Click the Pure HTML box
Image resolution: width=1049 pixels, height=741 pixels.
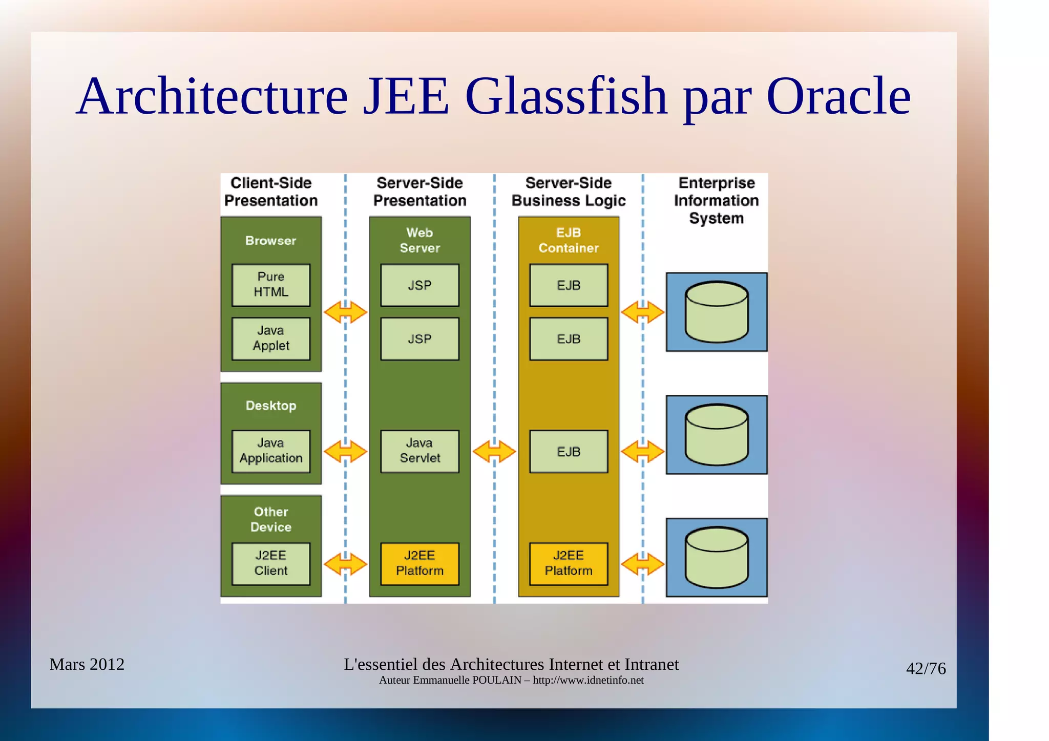(271, 285)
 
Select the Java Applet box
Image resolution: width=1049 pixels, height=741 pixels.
(271, 338)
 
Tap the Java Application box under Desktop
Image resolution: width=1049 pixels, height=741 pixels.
(271, 451)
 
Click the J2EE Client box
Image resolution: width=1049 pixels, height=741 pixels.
(271, 564)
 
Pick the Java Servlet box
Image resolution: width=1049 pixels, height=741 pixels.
(419, 451)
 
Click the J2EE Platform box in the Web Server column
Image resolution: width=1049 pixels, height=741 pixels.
(419, 564)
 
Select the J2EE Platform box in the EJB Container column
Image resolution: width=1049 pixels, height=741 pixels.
(569, 564)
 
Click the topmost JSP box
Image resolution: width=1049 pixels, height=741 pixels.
(419, 285)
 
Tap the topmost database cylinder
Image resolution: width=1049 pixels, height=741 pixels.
(717, 312)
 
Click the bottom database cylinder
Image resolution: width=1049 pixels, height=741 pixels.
(717, 557)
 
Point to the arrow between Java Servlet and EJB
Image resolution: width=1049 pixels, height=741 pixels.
(494, 452)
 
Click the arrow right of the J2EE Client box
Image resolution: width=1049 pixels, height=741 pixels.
(346, 564)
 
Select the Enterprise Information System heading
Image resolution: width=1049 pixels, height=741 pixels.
(716, 200)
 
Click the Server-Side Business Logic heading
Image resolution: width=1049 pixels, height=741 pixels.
(569, 192)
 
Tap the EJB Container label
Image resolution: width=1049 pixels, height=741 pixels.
(569, 240)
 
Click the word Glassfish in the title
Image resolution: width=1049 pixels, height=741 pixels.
(566, 96)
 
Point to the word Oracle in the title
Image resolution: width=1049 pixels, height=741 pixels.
(838, 96)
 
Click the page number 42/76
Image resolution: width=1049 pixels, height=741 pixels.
(926, 669)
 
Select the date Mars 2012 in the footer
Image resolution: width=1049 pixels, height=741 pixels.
(87, 665)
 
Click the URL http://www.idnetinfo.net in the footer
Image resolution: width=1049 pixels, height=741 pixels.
(588, 681)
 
